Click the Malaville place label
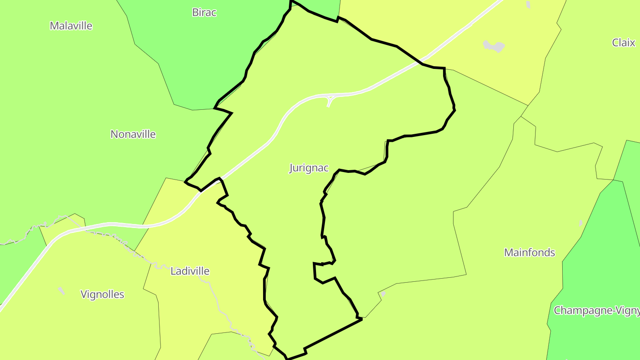(x=71, y=26)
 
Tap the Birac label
(x=204, y=12)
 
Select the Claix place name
(x=624, y=43)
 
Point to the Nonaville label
(x=133, y=134)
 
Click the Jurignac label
(x=309, y=168)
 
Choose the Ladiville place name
(x=190, y=271)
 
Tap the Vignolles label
(x=102, y=294)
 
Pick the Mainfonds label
(x=529, y=252)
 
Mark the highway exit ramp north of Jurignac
(x=330, y=101)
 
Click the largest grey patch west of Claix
(x=494, y=45)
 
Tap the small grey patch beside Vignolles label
(x=61, y=291)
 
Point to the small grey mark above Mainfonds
(x=580, y=223)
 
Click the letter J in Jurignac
(x=292, y=168)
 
